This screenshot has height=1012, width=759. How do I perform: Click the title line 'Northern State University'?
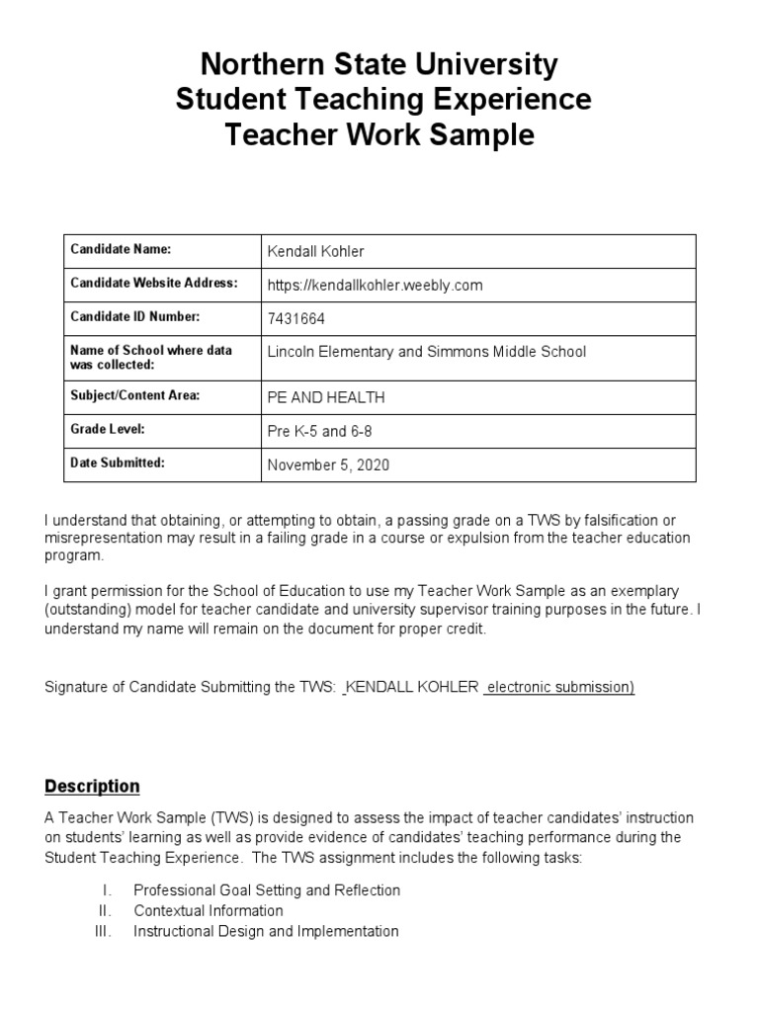(x=379, y=65)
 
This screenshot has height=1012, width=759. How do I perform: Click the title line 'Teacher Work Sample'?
(x=379, y=134)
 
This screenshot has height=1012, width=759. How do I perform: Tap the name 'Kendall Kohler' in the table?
(x=314, y=251)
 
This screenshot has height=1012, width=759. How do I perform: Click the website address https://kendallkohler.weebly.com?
(x=375, y=285)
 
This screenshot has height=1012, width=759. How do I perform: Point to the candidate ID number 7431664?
(x=296, y=318)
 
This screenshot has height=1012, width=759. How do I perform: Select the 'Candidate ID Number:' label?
(x=134, y=316)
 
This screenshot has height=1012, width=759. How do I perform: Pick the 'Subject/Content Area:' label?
(x=134, y=395)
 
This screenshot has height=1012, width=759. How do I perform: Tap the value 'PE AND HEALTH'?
(x=326, y=397)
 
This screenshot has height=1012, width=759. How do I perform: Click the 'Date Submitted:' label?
(x=118, y=463)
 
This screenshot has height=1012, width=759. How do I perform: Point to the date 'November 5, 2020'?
(x=328, y=465)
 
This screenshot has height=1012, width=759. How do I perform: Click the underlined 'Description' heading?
(x=92, y=787)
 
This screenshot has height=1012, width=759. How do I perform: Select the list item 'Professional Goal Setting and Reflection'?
(x=267, y=889)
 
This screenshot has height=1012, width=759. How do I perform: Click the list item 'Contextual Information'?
(x=208, y=910)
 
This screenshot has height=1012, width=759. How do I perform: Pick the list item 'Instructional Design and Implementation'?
(x=266, y=931)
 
